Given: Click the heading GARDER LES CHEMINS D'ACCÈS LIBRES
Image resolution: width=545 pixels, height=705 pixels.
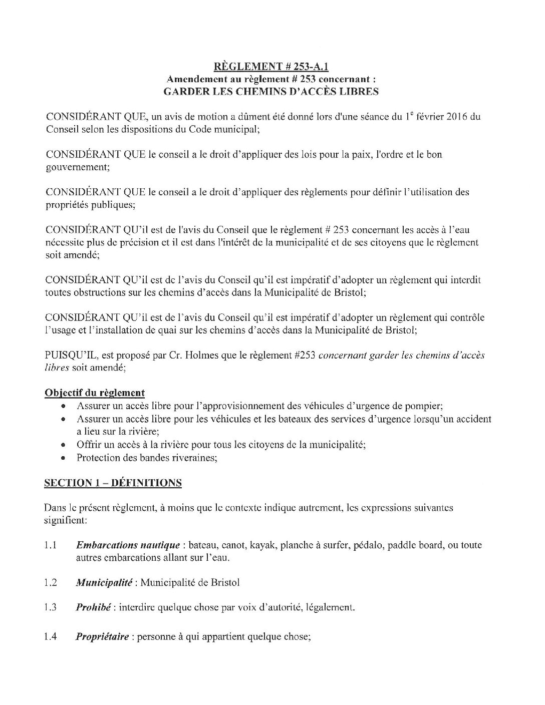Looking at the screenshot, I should pos(271,91).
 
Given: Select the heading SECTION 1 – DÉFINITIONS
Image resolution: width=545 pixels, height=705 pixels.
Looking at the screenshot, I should pos(113,483).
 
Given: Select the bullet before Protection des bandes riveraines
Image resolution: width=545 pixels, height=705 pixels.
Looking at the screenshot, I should pos(63,458).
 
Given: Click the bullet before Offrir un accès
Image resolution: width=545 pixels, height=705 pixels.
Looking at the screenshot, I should pos(63,445).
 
